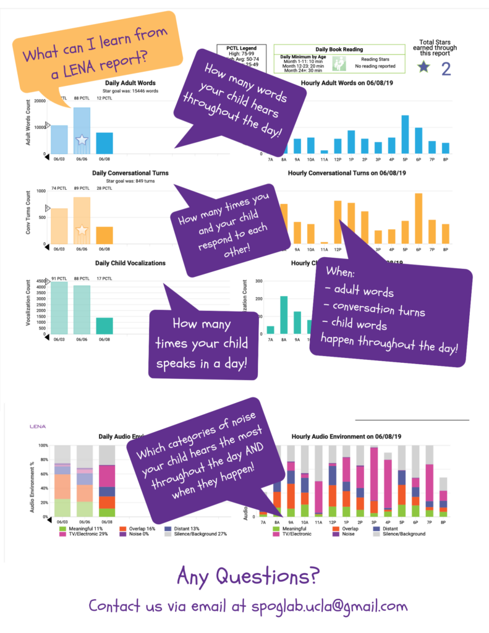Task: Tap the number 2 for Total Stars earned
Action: (445, 68)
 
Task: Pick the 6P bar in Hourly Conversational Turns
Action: (419, 219)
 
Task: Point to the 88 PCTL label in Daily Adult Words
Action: (82, 98)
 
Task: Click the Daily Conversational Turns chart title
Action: (130, 173)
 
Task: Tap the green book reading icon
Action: (338, 63)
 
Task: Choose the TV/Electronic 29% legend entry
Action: (82, 535)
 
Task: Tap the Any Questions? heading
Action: (248, 576)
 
